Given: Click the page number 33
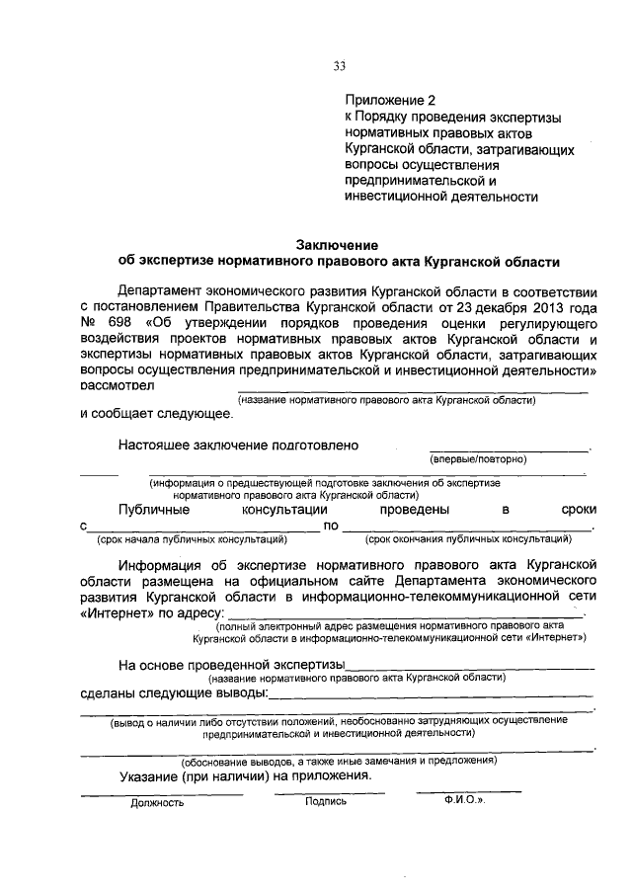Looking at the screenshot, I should pos(339,66).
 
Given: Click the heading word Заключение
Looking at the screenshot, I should pos(338,245).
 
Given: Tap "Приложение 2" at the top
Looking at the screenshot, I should pos(389,101).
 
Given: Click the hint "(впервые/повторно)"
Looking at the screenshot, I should pos(478,460).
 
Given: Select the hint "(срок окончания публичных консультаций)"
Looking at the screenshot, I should pos(468,539).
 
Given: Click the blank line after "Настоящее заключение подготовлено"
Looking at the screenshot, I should pos(508,447).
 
